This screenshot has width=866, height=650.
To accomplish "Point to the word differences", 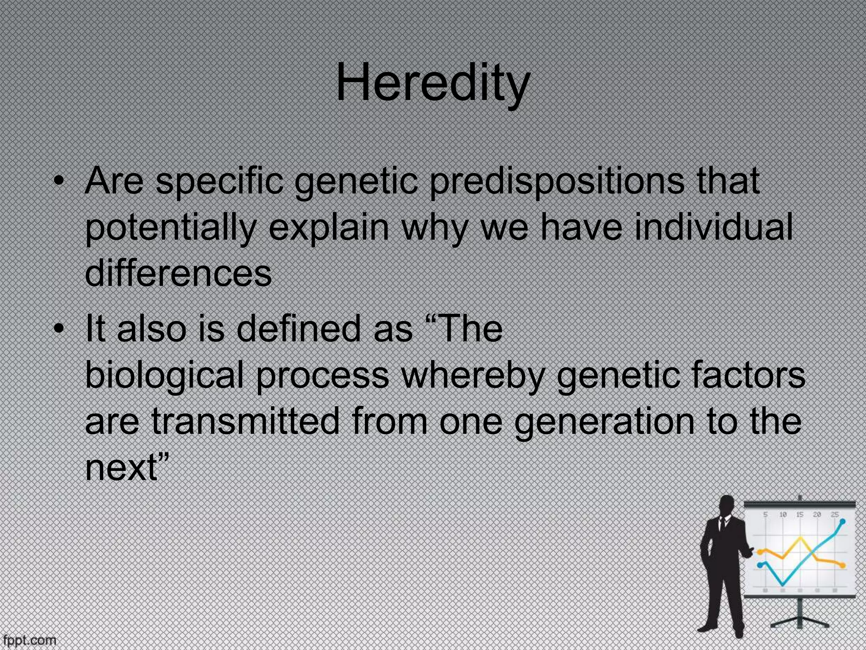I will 178,273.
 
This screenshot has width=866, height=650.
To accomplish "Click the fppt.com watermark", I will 28,640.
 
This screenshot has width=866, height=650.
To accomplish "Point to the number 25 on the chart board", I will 834,515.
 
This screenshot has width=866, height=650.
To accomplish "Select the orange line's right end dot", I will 844,565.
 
